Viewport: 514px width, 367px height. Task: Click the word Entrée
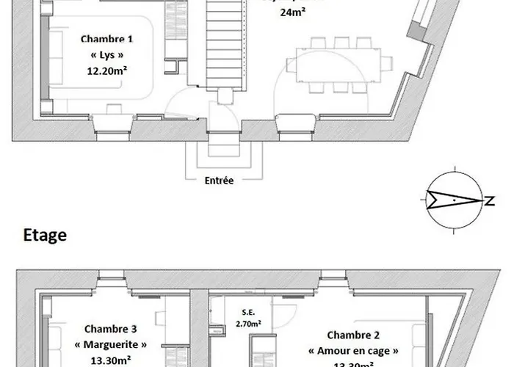click(x=220, y=180)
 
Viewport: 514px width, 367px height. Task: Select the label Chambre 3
click(x=110, y=329)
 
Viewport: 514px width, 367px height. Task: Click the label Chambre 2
click(x=354, y=334)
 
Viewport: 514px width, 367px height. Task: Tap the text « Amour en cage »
click(x=354, y=350)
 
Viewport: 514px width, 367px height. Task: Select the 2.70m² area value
click(x=250, y=323)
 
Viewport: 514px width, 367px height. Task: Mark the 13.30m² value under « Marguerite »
click(x=110, y=360)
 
